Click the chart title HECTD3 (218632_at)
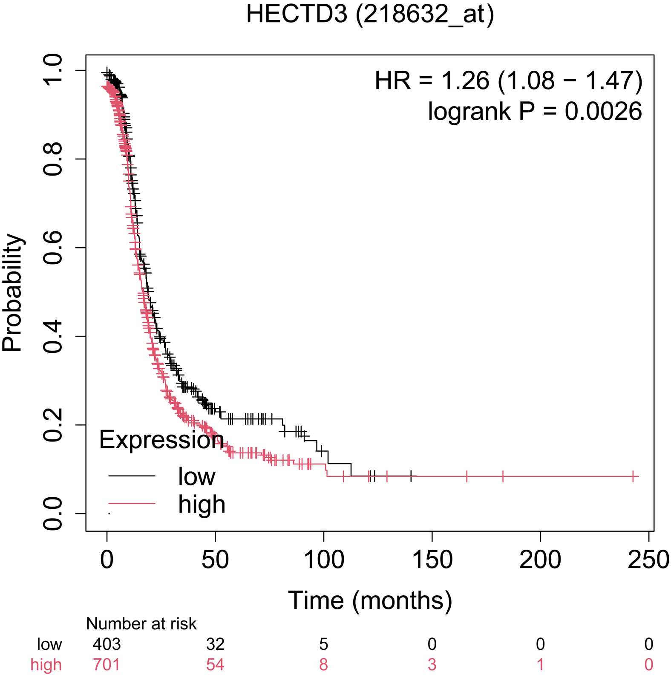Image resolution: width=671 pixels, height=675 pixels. point(370,14)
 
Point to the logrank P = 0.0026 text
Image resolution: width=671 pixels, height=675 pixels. point(535,111)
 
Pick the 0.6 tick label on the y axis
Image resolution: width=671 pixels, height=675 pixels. point(53,248)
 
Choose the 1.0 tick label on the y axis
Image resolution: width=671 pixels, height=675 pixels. point(53,70)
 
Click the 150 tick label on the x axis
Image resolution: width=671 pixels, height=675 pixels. point(432,560)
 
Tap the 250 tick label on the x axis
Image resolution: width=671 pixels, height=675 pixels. point(648,560)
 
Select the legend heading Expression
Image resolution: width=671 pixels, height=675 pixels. point(161,439)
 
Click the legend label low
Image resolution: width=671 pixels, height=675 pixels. point(196,476)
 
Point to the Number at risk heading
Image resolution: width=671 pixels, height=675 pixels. point(141,624)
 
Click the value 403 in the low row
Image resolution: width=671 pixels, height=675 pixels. point(107,644)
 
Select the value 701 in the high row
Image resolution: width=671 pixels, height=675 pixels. point(107,664)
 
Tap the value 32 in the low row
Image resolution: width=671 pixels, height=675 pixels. point(215,644)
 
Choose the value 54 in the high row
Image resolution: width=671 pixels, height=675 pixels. point(215,664)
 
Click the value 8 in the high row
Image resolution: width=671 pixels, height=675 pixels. point(323,664)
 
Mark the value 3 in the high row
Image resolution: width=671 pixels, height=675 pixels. point(432,664)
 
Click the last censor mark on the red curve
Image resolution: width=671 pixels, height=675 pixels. point(634,476)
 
